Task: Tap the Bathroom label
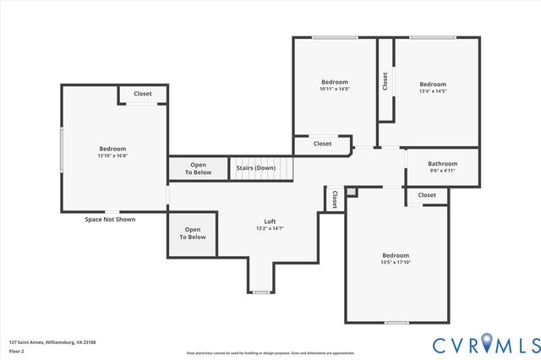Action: tap(442, 164)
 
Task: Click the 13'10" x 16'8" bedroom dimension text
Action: tap(112, 155)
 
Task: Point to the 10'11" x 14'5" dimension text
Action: tap(335, 89)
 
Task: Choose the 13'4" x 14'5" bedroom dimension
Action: tap(433, 91)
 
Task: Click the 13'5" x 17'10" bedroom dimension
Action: tap(395, 263)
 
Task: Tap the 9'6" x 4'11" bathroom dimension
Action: tap(442, 172)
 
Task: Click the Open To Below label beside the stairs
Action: tap(198, 168)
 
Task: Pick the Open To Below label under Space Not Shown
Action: tap(193, 233)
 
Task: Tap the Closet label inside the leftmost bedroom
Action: tap(143, 94)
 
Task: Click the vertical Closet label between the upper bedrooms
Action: tap(385, 81)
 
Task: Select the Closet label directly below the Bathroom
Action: tap(427, 195)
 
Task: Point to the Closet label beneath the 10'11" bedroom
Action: tap(322, 144)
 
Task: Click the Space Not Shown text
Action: tap(110, 219)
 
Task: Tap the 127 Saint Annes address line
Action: tap(52, 342)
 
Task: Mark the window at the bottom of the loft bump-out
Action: tap(261, 292)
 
